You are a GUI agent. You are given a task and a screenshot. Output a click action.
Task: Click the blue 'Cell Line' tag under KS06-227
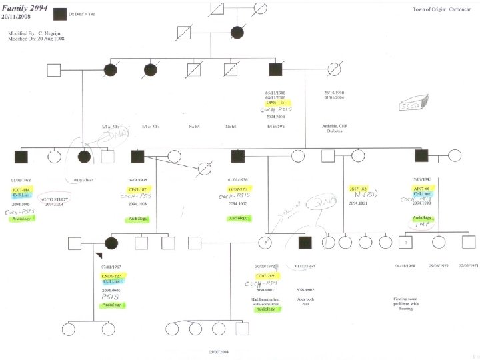(x=111, y=281)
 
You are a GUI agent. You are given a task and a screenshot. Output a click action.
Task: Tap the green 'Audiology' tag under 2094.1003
(x=139, y=218)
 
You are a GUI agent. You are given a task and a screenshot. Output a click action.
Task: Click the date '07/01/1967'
(x=111, y=267)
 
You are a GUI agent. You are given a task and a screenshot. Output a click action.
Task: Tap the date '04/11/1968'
(x=406, y=266)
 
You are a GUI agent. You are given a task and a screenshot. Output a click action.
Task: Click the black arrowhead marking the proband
(x=98, y=256)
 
